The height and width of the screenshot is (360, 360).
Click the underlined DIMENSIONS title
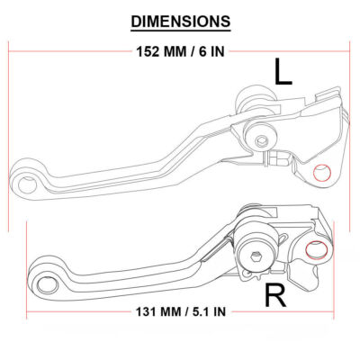[x=180, y=19]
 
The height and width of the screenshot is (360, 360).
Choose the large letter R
[x=275, y=294]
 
